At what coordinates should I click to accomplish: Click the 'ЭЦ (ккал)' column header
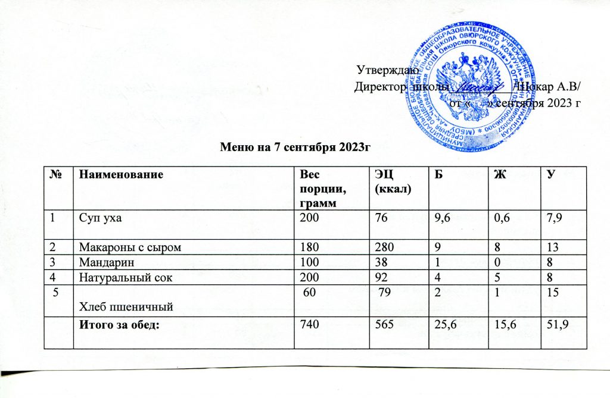pyautogui.click(x=388, y=181)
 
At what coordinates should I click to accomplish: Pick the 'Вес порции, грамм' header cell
pyautogui.click(x=318, y=187)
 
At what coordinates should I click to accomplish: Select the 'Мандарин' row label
pyautogui.click(x=97, y=262)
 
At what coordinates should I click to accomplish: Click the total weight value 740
pyautogui.click(x=309, y=325)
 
